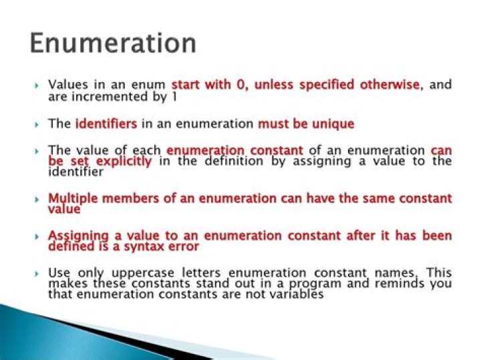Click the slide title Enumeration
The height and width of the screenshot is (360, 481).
[113, 43]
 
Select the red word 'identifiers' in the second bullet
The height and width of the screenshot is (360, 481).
[106, 124]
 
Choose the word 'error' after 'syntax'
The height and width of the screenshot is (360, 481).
[182, 246]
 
